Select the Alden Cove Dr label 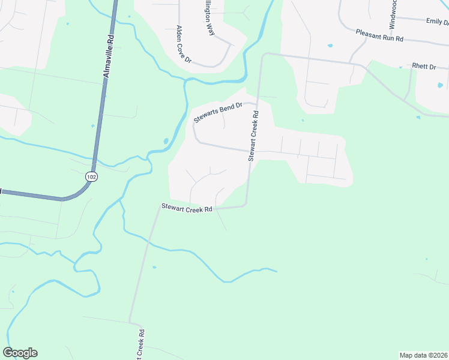click(x=183, y=44)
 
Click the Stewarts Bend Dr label click(x=217, y=112)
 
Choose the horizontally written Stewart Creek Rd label click(x=187, y=208)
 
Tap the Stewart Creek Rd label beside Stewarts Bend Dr click(x=254, y=136)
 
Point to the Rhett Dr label click(x=424, y=66)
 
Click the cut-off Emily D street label click(x=437, y=22)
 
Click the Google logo click(x=20, y=353)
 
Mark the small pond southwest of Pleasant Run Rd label click(x=330, y=46)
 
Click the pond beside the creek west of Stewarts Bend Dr click(x=166, y=142)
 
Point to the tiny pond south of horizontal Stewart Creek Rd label click(x=154, y=267)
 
